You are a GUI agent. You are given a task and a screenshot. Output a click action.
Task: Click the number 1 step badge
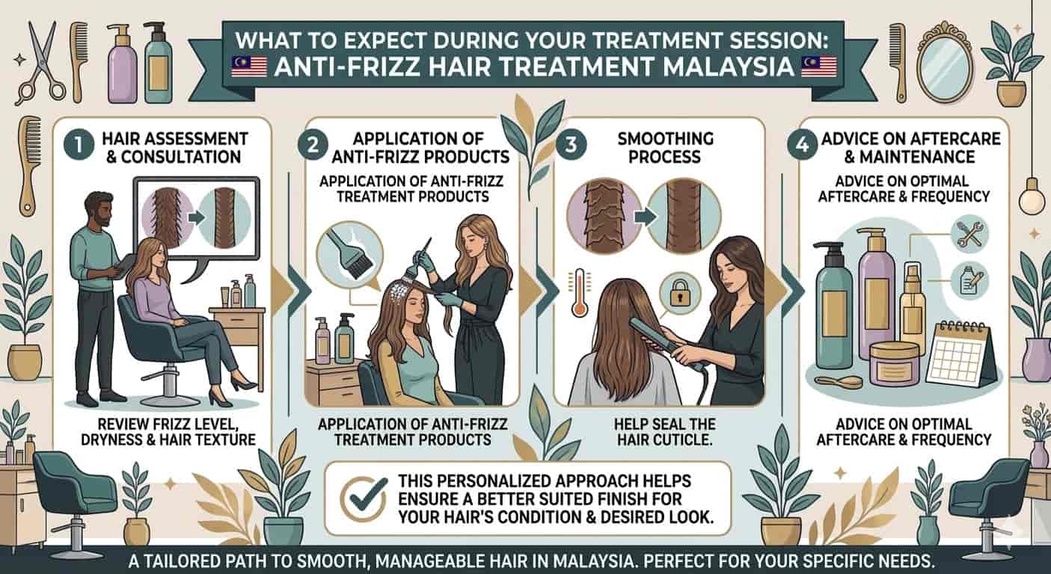79,145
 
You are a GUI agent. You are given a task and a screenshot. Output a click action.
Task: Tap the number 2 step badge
313,145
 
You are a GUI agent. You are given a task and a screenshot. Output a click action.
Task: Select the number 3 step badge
571,145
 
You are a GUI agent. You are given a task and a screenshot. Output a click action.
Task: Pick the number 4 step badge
803,145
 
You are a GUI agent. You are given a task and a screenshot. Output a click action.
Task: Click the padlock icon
680,294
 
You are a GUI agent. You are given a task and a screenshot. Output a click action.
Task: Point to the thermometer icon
579,293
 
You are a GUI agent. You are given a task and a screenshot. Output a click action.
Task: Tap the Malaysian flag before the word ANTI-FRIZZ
249,67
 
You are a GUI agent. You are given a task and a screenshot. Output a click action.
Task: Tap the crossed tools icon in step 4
969,235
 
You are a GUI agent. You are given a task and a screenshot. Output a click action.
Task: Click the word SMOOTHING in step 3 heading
665,139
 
